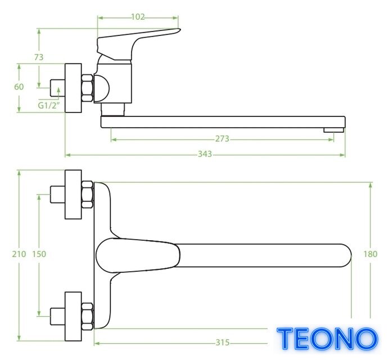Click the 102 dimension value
pos(138,17)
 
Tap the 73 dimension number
pos(39,57)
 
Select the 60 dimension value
pos(19,87)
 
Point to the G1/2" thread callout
pos(49,106)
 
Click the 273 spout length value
pos(222,138)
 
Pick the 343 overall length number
pos(205,154)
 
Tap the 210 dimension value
pos(19,254)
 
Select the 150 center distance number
pos(39,254)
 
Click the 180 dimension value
pos(370,254)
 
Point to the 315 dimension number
pos(223,343)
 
